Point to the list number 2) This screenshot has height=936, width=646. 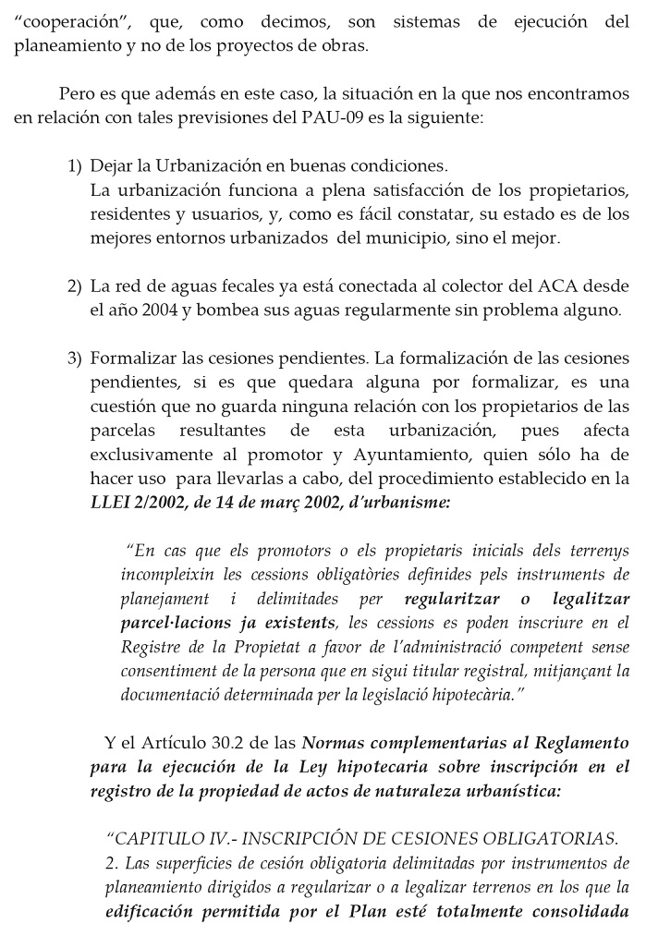75,286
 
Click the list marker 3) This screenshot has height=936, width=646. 75,359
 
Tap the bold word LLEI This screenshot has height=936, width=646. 113,503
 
